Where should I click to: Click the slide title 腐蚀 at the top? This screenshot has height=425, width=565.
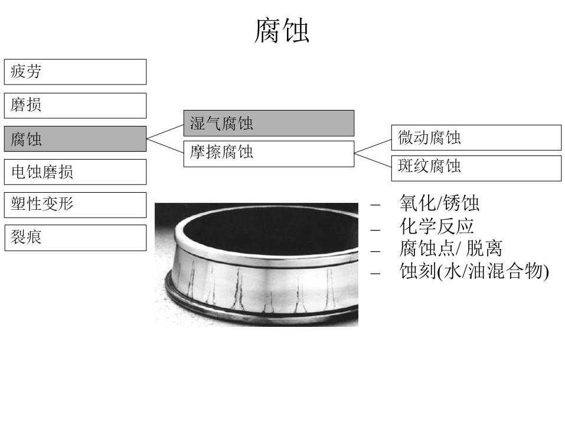tap(282, 31)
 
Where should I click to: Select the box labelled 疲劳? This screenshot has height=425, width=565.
tap(75, 72)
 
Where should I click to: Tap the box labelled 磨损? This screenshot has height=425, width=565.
tap(75, 105)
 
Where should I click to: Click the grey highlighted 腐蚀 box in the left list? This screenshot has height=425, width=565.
tap(75, 139)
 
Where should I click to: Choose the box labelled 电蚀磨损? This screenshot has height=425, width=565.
tap(75, 172)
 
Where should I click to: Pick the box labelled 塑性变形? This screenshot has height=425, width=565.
tap(75, 205)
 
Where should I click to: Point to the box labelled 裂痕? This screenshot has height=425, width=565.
tap(75, 238)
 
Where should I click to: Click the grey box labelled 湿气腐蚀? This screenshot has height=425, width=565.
tap(269, 123)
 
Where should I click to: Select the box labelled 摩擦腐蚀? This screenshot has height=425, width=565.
tap(269, 153)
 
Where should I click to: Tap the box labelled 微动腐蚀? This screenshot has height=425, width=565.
tap(476, 138)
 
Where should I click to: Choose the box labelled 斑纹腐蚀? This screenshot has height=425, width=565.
tap(476, 168)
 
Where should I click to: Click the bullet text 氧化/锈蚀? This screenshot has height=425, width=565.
tap(439, 204)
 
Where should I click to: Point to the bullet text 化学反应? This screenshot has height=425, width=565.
tap(436, 226)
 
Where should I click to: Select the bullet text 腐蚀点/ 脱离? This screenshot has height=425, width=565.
tap(450, 248)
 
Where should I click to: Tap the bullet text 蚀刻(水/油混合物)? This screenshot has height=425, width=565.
tap(474, 271)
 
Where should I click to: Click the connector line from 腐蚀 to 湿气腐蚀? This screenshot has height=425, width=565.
tap(165, 131)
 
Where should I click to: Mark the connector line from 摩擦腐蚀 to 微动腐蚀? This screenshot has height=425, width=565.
tap(373, 145)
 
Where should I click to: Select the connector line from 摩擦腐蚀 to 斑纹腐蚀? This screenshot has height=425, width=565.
tap(373, 160)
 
